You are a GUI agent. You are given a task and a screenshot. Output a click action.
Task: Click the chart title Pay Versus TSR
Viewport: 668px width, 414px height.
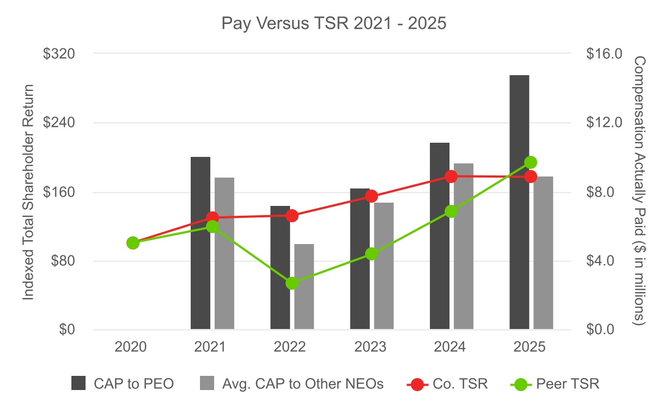click(333, 23)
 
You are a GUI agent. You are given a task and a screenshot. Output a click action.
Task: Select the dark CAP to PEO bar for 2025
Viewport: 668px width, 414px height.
click(519, 202)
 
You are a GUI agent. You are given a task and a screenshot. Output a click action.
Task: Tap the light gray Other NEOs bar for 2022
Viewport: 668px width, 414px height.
click(304, 287)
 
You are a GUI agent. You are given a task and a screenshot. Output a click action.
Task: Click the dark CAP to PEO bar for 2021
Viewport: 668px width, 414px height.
click(201, 243)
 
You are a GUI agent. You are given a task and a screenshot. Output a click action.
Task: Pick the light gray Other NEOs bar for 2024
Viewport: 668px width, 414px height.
click(464, 246)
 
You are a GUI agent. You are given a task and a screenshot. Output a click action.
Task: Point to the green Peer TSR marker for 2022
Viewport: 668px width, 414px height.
click(292, 283)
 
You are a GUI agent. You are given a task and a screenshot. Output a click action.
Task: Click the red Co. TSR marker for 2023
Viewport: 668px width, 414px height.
click(372, 196)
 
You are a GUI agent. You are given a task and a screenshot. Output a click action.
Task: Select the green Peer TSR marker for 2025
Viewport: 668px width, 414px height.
click(531, 162)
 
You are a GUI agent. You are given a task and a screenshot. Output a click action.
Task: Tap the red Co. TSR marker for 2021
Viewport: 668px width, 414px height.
click(212, 218)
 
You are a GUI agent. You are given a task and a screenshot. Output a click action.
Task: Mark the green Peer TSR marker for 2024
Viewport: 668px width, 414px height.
click(451, 211)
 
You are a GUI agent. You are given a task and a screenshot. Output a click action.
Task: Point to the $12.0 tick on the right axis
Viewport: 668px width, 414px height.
click(603, 123)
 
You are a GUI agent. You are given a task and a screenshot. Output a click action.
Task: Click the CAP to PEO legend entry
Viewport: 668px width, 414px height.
click(123, 384)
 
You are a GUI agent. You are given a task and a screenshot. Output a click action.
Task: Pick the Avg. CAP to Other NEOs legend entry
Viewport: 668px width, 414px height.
click(292, 384)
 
